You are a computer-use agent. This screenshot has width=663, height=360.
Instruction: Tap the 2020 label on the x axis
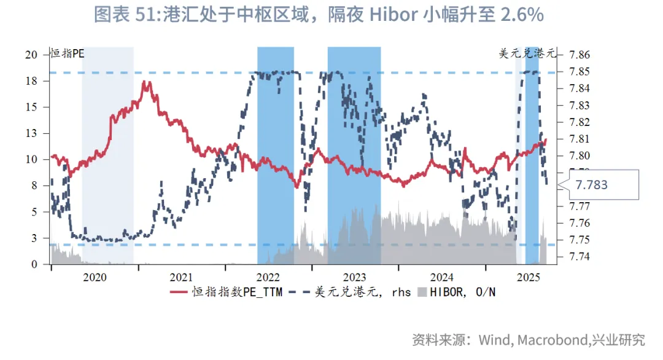[x=95, y=277]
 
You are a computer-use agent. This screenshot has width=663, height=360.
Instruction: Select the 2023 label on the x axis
[x=354, y=277]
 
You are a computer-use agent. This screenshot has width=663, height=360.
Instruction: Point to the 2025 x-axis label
[x=529, y=277]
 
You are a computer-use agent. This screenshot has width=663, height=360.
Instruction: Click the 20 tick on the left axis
[x=31, y=54]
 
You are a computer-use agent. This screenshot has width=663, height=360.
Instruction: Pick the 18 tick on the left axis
[x=31, y=80]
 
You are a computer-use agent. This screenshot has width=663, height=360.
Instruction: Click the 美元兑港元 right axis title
[x=527, y=53]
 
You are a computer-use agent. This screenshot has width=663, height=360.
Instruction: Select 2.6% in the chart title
[x=522, y=14]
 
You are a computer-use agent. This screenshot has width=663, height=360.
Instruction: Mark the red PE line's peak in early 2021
[x=146, y=82]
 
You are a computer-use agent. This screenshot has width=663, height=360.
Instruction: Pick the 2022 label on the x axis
[x=268, y=277]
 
